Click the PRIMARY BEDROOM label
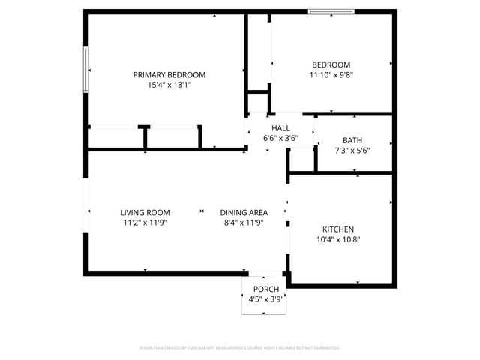coord(169,75)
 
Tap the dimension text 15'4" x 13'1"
coord(169,85)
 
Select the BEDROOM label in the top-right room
coord(330,64)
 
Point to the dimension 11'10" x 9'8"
coord(330,75)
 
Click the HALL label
coord(280,128)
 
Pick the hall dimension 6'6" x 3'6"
coord(280,139)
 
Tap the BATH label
coord(352,140)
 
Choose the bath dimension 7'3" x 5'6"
coord(352,151)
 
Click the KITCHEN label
coord(338,229)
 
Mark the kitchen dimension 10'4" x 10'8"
coord(338,240)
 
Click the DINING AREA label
coord(244,212)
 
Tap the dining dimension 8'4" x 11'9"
coord(244,223)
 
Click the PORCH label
coord(266,289)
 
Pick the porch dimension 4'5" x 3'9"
coord(266,300)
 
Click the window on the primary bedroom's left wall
coord(86,70)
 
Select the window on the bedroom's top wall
coord(331,11)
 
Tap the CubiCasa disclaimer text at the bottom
coord(240,348)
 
